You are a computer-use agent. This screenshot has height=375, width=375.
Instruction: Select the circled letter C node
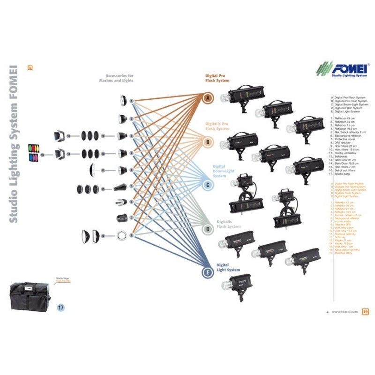[208, 185]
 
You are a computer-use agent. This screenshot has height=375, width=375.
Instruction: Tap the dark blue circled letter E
[208, 272]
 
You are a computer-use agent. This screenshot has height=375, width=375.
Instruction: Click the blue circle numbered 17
[60, 307]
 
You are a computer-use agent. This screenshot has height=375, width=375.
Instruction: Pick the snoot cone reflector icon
[120, 188]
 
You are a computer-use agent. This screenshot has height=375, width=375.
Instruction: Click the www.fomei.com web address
[345, 311]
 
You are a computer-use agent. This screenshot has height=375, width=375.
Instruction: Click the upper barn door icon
[60, 135]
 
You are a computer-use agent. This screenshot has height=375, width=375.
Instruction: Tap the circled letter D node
[208, 229]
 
